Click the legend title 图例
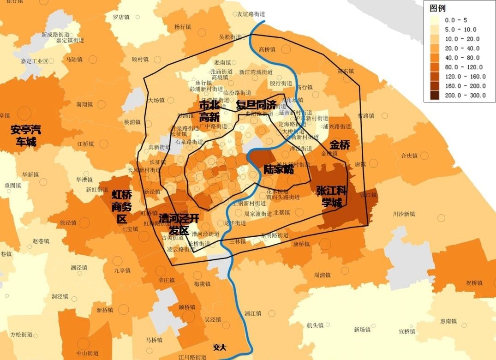pyautogui.click(x=437, y=9)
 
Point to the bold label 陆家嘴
pyautogui.click(x=279, y=169)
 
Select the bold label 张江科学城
pyautogui.click(x=332, y=197)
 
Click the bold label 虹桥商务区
pyautogui.click(x=122, y=206)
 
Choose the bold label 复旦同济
pyautogui.click(x=256, y=105)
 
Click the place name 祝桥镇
pyautogui.click(x=474, y=282)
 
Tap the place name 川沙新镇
pyautogui.click(x=404, y=214)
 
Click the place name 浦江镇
pyautogui.click(x=253, y=313)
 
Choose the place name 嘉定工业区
pyautogui.click(x=34, y=61)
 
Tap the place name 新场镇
pyautogui.click(x=362, y=330)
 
